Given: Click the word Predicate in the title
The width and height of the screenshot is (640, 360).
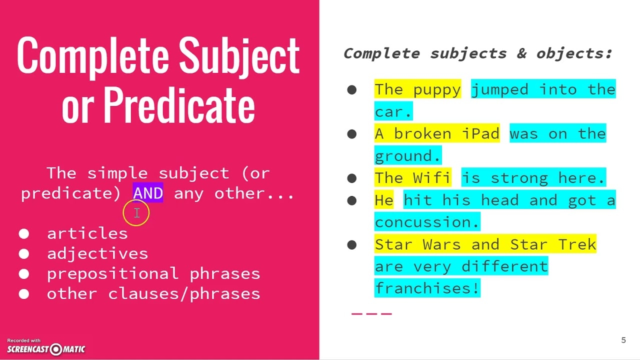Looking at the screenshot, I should [x=179, y=105].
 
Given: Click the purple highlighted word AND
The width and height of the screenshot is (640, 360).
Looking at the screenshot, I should [x=148, y=193].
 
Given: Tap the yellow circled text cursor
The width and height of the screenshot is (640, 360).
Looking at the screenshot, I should [x=136, y=213].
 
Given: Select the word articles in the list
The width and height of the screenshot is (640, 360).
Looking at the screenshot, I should [x=87, y=233].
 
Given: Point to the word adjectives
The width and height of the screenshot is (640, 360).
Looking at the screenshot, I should [x=97, y=253].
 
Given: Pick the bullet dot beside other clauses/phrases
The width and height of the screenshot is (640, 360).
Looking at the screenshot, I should [x=24, y=294].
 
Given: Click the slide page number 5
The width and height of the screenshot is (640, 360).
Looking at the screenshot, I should [x=623, y=340].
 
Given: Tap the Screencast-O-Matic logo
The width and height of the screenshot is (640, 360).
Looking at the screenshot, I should [x=46, y=348].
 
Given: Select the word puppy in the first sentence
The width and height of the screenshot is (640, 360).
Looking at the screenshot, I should [x=437, y=89].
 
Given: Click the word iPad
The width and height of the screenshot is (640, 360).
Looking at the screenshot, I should [x=480, y=134].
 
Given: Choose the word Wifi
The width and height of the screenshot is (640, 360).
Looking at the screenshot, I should [x=432, y=178].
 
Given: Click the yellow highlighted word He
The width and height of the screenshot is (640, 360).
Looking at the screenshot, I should [x=384, y=200].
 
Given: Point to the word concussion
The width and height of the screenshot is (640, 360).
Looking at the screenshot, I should [x=427, y=222].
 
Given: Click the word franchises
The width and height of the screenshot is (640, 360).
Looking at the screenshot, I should [x=427, y=288].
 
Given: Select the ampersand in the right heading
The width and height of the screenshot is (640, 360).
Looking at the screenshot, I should [x=521, y=53].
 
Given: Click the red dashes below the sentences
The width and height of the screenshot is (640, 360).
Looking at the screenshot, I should [x=371, y=313].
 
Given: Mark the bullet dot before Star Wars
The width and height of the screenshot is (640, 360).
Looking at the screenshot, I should [x=352, y=244].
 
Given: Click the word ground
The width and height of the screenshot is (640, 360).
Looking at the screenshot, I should [x=408, y=156].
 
